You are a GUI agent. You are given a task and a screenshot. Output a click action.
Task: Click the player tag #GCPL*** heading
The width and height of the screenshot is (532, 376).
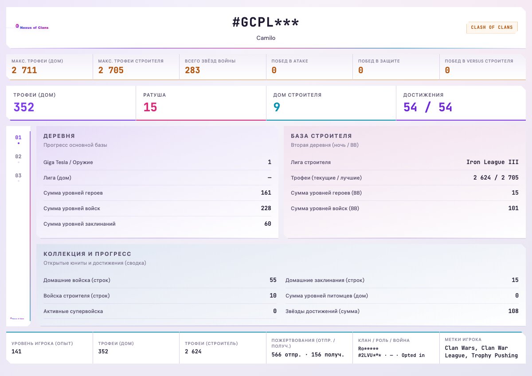point(266,23)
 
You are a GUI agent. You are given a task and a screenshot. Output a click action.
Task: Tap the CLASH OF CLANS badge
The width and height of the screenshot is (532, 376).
point(492,27)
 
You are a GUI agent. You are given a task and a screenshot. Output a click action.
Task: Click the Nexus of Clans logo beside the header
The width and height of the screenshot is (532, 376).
point(32,27)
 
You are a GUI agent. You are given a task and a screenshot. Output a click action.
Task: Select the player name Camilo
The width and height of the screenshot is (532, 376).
point(266,38)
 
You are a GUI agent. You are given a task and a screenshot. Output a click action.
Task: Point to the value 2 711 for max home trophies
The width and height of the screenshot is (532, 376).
point(24,70)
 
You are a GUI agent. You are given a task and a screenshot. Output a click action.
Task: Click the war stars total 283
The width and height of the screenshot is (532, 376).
point(192,70)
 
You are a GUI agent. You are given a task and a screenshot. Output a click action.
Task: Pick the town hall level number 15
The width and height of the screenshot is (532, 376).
point(150,107)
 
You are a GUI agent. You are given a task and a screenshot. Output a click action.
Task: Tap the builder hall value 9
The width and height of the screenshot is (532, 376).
point(277,107)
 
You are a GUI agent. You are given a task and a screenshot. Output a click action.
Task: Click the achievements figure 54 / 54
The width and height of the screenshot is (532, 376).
point(427,107)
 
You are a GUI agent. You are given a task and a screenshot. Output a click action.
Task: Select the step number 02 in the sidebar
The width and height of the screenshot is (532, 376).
point(18,157)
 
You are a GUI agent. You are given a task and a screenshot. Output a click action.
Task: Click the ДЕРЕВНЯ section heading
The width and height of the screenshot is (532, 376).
point(59,136)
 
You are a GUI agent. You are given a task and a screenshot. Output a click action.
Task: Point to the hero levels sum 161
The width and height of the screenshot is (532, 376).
point(266,192)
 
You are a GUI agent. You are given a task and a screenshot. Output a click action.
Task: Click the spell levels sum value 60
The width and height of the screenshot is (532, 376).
point(268,224)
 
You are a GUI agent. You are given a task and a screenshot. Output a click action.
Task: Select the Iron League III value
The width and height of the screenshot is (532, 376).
point(493,162)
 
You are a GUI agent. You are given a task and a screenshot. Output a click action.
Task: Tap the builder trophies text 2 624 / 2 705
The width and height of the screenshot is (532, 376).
point(496,177)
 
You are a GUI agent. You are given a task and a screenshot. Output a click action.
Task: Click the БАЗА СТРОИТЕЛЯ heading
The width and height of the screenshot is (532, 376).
point(321,136)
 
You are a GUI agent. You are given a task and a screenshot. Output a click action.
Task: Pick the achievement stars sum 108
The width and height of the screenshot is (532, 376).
point(513,311)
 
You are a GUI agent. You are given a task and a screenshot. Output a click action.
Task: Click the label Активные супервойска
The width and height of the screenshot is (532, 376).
point(73,311)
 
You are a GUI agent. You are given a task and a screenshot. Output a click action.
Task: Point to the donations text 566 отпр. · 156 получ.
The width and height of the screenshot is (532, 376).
point(308,355)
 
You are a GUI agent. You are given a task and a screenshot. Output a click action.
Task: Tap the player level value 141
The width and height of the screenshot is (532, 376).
point(16,352)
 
